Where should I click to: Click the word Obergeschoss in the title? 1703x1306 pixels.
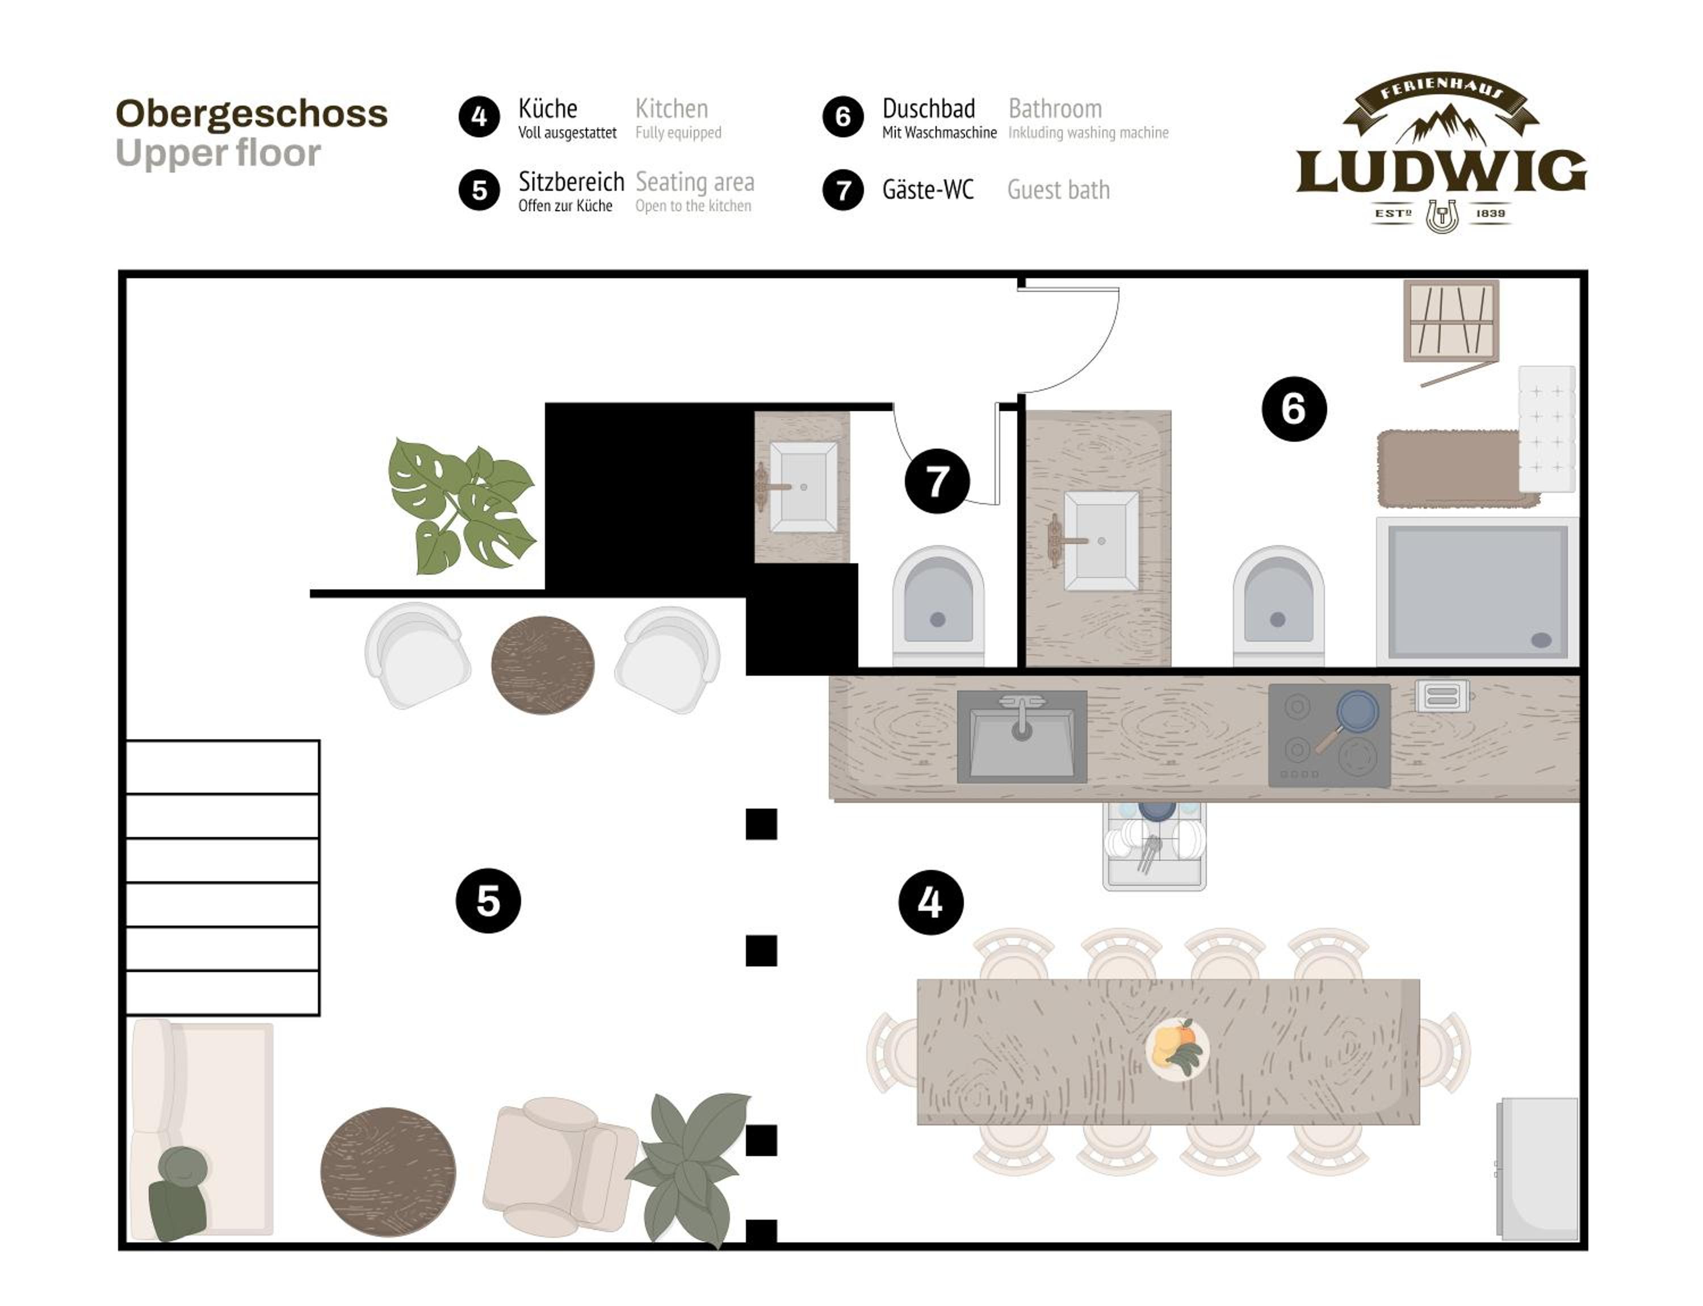(x=251, y=114)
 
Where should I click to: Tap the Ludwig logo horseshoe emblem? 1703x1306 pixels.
(x=1441, y=216)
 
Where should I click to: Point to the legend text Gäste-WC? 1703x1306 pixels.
(x=928, y=189)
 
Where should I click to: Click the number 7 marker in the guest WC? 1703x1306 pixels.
(x=937, y=480)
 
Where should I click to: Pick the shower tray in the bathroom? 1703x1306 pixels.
(x=1477, y=592)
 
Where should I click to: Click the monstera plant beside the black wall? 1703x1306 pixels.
(x=462, y=506)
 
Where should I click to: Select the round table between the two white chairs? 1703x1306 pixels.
(x=543, y=665)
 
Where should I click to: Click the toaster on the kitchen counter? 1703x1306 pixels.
(x=1442, y=696)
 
